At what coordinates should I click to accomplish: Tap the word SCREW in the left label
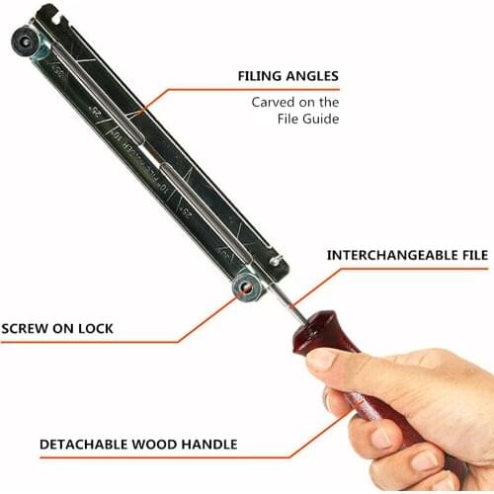point(27,328)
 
